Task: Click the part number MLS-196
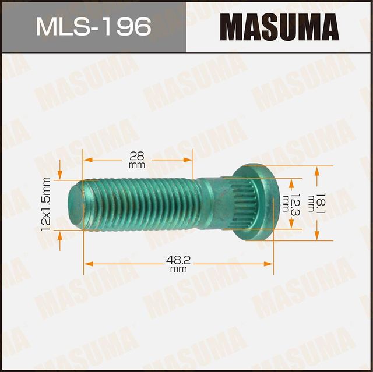coord(93,26)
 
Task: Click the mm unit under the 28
coord(137,165)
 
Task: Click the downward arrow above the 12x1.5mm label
coord(61,175)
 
